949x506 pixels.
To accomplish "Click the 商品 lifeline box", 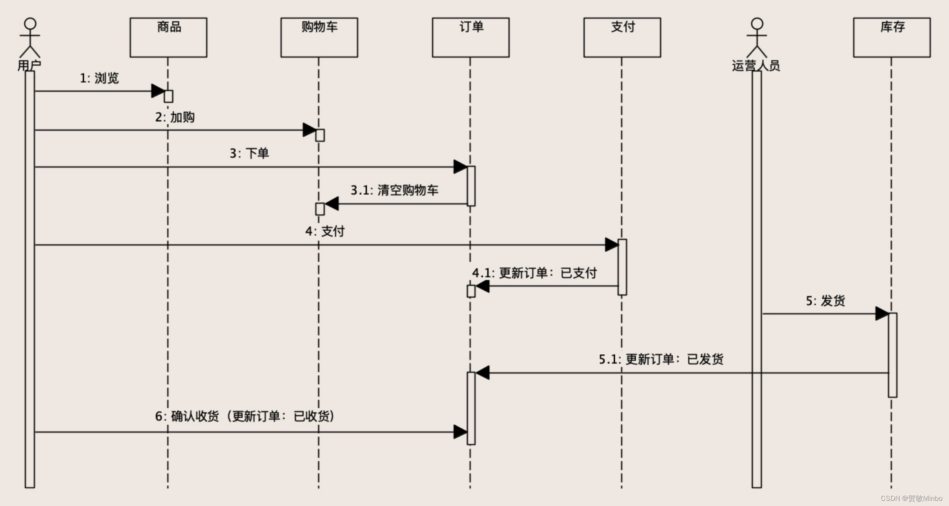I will (x=168, y=37).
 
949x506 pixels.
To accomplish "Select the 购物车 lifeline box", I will (x=319, y=37).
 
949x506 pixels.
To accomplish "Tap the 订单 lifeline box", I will (x=471, y=37).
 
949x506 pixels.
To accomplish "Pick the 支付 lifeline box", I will (x=622, y=37).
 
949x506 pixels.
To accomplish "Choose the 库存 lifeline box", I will (x=892, y=37).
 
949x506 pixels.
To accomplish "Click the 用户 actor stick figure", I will (x=30, y=38).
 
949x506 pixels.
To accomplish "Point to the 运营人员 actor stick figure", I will (x=757, y=38).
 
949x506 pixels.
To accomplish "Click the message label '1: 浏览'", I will (x=99, y=78).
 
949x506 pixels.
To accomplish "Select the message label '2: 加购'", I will (x=175, y=117).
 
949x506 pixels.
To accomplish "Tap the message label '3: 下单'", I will (x=249, y=153).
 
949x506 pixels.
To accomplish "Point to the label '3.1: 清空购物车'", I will (x=394, y=190).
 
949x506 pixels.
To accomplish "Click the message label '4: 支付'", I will (x=325, y=231).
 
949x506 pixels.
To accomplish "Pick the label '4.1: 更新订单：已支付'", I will (x=534, y=273).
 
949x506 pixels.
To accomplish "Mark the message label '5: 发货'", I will (x=825, y=301).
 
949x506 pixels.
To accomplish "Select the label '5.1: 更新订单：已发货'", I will (x=661, y=360).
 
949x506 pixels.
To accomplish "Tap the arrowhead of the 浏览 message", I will (x=158, y=91).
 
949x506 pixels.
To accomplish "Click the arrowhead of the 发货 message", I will (x=882, y=313).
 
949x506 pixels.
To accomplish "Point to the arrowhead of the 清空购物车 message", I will (x=332, y=203).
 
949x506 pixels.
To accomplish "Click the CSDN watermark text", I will (x=911, y=498).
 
